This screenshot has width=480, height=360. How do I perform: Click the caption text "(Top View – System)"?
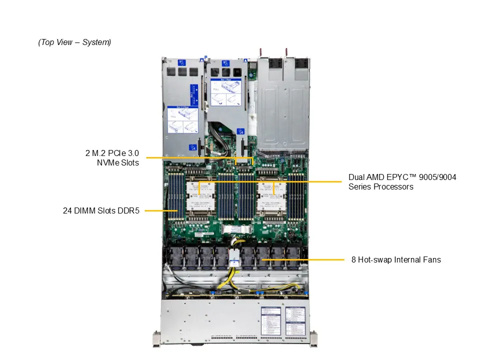point(74,42)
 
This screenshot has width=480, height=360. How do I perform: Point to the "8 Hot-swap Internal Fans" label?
point(396,259)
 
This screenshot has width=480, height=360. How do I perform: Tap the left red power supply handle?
point(261,52)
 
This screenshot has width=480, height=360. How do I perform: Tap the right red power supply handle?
point(287,52)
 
